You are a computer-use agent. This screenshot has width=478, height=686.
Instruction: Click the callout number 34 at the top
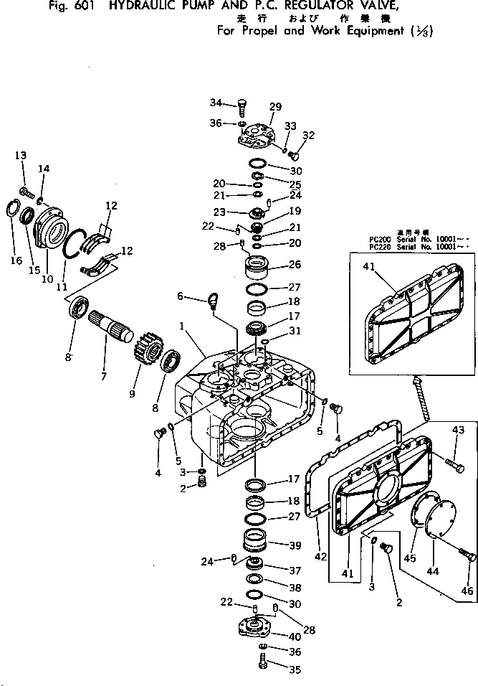click(x=216, y=101)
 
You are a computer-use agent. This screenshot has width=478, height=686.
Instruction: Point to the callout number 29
click(x=276, y=107)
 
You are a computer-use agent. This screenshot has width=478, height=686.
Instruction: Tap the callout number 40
click(x=294, y=636)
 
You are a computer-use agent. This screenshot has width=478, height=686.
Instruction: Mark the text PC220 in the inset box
click(x=367, y=247)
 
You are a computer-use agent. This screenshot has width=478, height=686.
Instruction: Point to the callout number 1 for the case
click(x=183, y=325)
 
